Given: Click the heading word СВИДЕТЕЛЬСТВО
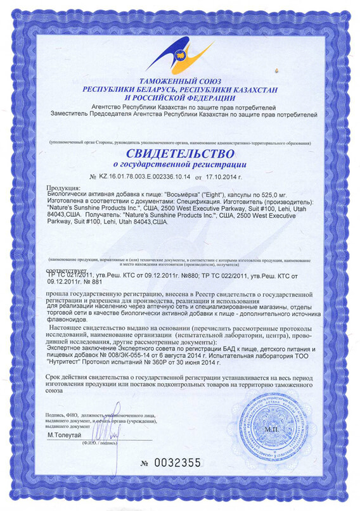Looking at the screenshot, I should tap(179, 154).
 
